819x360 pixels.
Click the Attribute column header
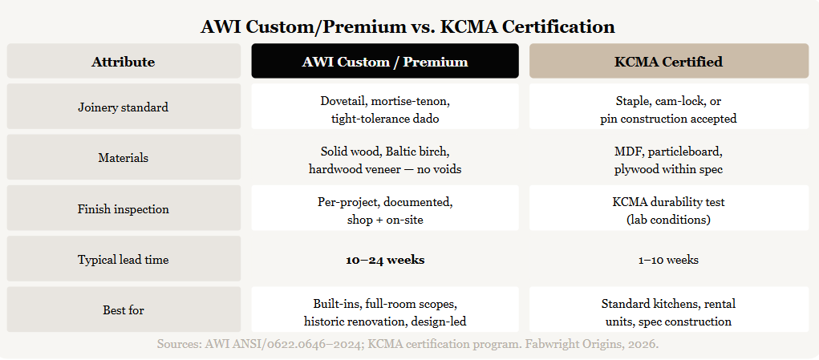click(124, 62)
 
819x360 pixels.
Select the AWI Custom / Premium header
click(385, 62)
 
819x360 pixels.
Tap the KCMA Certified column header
click(668, 62)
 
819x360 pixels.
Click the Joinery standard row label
click(124, 107)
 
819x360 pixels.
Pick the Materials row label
click(124, 158)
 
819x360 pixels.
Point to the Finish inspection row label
click(124, 209)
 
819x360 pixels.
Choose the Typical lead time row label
click(124, 259)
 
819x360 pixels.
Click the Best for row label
click(124, 310)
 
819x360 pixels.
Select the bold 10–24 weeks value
click(385, 260)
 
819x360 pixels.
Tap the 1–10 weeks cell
click(668, 260)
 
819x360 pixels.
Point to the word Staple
click(631, 100)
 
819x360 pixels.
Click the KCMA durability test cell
click(668, 209)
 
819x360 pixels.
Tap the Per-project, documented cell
click(385, 209)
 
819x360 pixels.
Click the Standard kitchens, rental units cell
click(668, 310)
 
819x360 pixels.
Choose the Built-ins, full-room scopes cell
click(385, 310)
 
